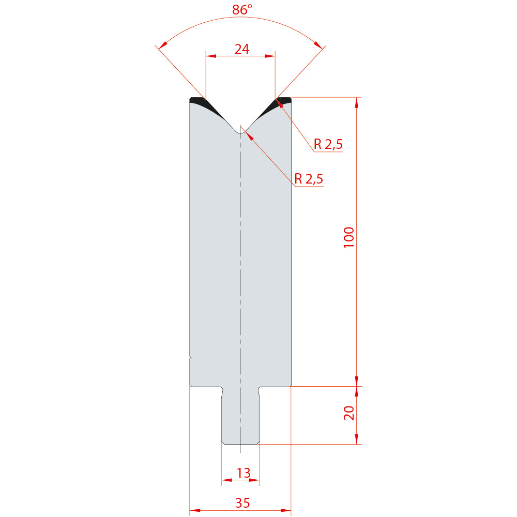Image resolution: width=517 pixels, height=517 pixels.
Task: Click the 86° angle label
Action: point(242,9)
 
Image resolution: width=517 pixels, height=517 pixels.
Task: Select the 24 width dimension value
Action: point(241,49)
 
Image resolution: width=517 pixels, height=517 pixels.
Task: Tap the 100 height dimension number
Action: point(349,237)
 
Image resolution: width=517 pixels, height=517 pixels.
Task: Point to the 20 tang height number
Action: point(349,413)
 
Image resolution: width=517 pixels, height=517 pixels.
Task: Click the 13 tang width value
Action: point(244,473)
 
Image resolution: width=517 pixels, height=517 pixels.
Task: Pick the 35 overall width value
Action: point(242,503)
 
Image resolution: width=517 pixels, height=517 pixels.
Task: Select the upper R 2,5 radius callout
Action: point(328,144)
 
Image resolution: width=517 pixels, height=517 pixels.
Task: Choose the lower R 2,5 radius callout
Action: point(309,179)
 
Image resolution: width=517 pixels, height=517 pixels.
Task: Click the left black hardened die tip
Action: point(204,105)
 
